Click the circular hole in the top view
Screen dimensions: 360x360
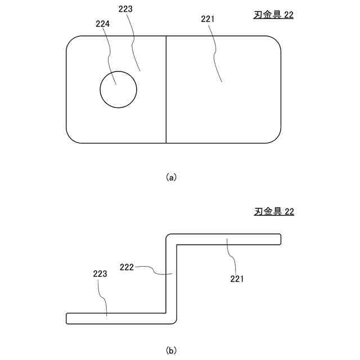(x=118, y=90)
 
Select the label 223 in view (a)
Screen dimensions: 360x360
(x=127, y=9)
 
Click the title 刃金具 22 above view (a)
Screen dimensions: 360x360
(x=274, y=16)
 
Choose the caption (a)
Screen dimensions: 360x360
(x=172, y=177)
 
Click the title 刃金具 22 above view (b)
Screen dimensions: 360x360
(x=274, y=212)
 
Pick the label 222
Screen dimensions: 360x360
(x=127, y=267)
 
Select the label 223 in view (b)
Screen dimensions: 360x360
(x=100, y=274)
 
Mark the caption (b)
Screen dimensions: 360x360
(x=172, y=350)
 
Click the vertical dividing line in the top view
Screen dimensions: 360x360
(x=166, y=90)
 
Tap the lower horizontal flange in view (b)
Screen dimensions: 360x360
(x=112, y=318)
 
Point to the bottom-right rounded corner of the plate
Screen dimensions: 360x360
(x=276, y=138)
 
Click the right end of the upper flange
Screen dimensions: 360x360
(x=280, y=240)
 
